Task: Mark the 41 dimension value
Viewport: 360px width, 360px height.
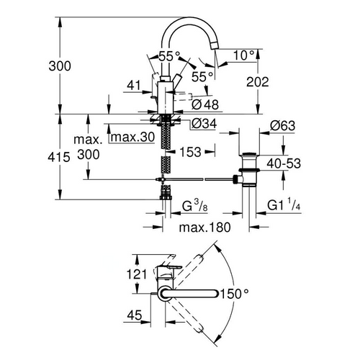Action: (132, 85)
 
